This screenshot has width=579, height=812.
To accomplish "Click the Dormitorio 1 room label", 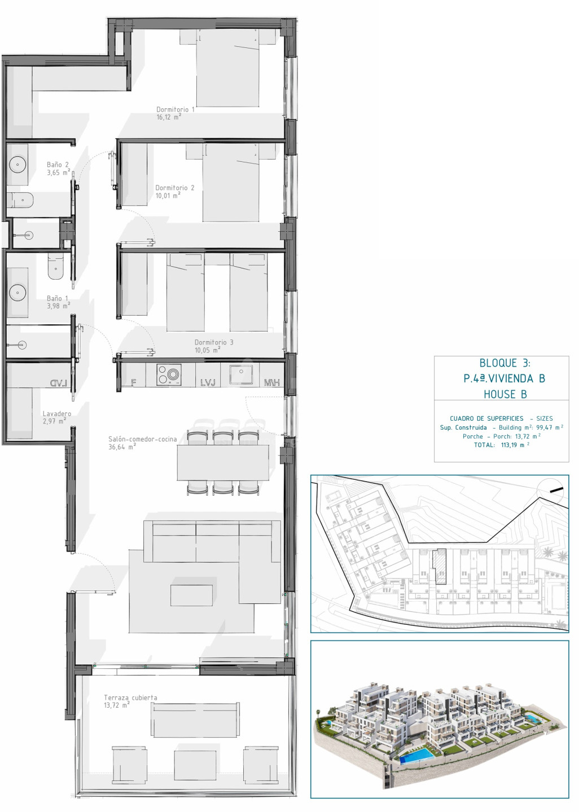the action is click(175, 109).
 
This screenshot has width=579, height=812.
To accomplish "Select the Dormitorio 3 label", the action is click(214, 342).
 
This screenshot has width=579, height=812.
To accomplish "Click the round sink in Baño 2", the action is click(17, 165).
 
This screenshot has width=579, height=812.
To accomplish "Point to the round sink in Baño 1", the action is click(17, 292).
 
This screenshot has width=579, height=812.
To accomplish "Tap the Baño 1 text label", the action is click(58, 298).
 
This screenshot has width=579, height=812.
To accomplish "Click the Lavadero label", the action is click(57, 414).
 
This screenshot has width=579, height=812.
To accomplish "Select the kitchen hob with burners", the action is click(169, 374).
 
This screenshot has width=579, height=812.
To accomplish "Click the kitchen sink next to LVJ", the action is click(241, 374).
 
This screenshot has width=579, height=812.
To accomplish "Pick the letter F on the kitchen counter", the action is click(134, 382).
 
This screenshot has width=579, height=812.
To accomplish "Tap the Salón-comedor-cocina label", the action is click(143, 439).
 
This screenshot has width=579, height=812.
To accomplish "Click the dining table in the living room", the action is click(223, 462).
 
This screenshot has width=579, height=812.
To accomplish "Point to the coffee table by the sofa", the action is click(191, 595).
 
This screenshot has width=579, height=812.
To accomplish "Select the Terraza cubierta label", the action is click(130, 698).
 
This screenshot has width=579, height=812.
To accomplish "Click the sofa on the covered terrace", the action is click(195, 720).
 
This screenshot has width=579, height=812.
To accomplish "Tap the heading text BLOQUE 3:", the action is click(505, 363).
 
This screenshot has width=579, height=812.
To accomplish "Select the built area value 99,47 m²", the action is click(550, 428).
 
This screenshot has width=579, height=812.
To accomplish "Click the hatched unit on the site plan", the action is click(438, 566).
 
